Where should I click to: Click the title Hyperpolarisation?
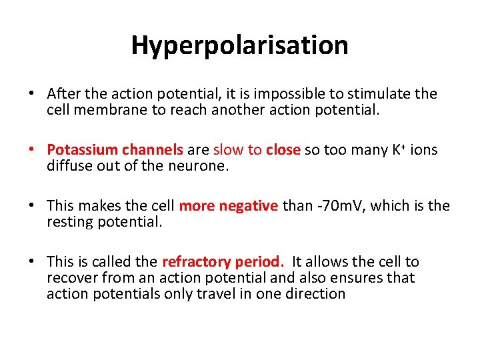pos(239,45)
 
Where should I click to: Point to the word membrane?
pos(116,110)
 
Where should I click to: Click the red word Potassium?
pos(80,150)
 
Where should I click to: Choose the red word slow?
pos(228,150)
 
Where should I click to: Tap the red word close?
pos(283,150)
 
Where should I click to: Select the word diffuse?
pos(70,166)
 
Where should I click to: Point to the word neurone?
pos(200,166)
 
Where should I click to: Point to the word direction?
pos(314,294)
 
